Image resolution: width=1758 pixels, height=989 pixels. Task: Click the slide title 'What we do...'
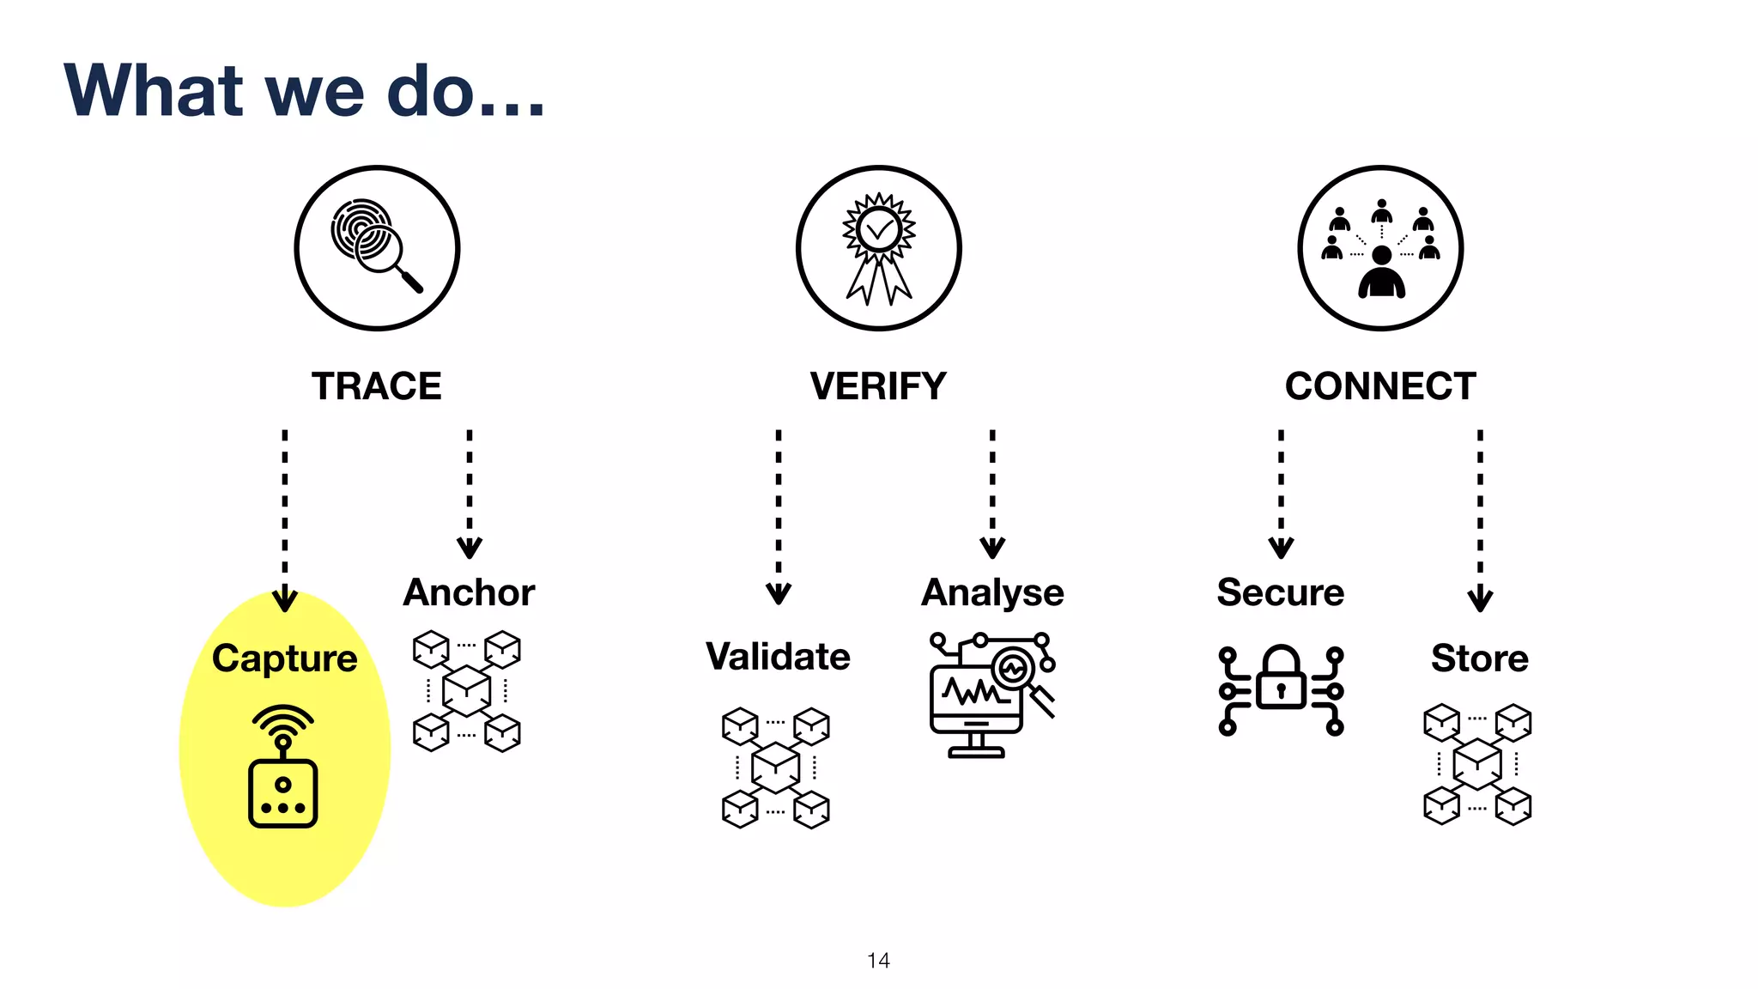(x=305, y=90)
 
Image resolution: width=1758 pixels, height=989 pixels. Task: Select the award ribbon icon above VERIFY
(x=878, y=247)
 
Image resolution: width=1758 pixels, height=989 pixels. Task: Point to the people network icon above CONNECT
(x=1380, y=247)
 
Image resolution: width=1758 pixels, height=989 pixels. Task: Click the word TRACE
(x=376, y=386)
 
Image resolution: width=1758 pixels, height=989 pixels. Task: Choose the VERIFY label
(x=878, y=386)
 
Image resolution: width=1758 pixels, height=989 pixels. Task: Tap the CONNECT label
(x=1380, y=386)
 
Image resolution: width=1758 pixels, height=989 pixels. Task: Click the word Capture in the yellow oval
(x=284, y=658)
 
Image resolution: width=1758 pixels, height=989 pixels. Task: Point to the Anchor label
(x=469, y=592)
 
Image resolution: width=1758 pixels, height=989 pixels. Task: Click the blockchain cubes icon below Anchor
(x=467, y=691)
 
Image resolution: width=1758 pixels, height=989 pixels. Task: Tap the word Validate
(x=778, y=657)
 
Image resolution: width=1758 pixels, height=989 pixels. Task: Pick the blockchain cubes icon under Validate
(x=776, y=768)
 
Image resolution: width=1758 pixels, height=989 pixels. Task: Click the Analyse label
(x=992, y=592)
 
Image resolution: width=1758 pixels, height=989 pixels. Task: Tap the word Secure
(x=1281, y=592)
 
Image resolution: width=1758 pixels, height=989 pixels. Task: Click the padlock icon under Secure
(x=1281, y=689)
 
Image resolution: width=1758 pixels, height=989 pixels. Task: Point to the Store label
(x=1480, y=658)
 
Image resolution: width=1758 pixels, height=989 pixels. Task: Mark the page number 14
(x=878, y=961)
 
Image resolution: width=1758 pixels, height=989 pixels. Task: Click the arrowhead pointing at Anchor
(x=470, y=548)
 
